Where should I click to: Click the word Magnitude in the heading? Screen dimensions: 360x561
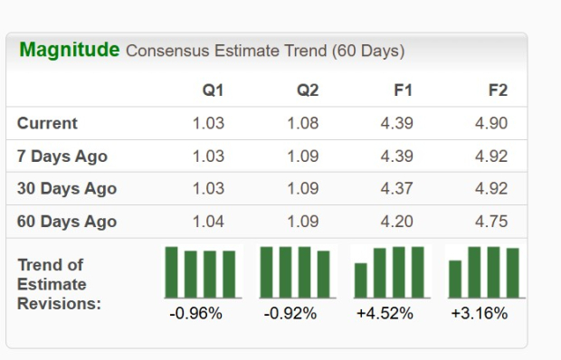(69, 50)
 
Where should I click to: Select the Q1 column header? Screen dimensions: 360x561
(214, 90)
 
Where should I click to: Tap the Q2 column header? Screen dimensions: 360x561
(308, 90)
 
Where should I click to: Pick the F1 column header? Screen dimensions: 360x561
(403, 90)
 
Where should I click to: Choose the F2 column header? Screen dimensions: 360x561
(498, 90)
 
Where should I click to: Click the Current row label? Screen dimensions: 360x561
(47, 124)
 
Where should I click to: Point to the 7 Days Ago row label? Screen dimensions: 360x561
(62, 156)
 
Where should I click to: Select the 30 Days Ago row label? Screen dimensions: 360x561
(66, 189)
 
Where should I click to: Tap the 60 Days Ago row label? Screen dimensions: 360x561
(66, 222)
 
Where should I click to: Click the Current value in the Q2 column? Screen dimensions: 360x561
(303, 124)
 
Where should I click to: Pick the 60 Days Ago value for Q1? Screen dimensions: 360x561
(208, 222)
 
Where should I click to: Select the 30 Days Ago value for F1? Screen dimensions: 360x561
(397, 189)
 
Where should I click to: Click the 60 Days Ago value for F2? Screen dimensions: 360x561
(491, 222)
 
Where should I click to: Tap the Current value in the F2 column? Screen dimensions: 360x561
(491, 124)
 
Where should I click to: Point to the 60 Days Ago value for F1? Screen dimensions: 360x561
(397, 222)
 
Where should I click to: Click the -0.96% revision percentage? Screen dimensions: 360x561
(195, 314)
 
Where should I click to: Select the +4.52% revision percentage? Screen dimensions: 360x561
(386, 314)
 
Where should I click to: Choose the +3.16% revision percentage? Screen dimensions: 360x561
(480, 314)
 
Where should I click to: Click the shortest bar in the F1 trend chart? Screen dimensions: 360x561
(361, 280)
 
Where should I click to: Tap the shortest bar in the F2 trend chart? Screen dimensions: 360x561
(455, 279)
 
